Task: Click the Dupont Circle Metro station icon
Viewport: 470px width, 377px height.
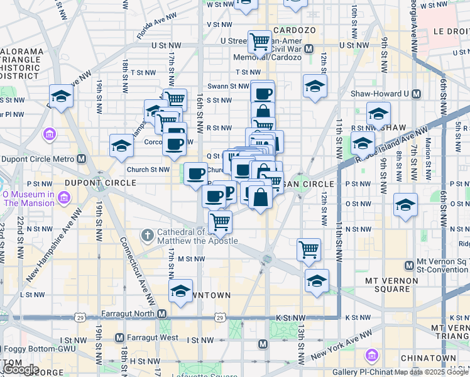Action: pos(81,159)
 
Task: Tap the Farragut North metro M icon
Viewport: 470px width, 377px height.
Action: pos(162,314)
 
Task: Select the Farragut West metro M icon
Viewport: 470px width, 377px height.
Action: pos(119,338)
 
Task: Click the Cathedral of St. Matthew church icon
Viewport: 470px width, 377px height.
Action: pos(147,236)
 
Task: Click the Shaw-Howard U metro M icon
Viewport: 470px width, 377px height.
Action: pos(415,94)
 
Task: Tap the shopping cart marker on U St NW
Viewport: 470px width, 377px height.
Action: pos(260,42)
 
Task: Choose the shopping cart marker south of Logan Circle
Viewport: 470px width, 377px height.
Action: pos(309,249)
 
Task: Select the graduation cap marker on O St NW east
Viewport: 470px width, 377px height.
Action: pos(406,205)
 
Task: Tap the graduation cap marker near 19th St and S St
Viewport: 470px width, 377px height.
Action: pos(61,96)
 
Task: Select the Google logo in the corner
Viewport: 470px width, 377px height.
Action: pos(21,369)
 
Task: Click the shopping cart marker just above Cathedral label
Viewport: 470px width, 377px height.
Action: pos(220,221)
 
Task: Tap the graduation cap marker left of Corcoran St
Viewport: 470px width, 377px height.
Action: pos(121,146)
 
